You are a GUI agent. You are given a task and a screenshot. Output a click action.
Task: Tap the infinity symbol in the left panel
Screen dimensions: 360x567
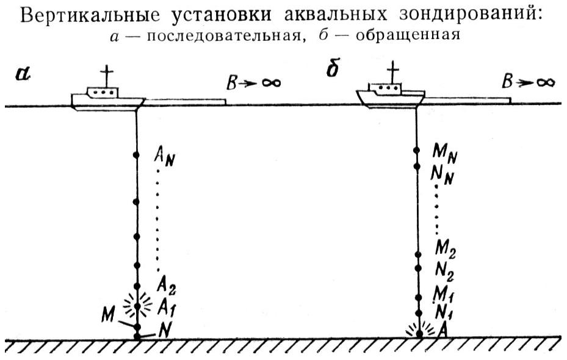tap(267, 82)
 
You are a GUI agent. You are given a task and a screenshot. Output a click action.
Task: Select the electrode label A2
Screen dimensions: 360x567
tap(166, 284)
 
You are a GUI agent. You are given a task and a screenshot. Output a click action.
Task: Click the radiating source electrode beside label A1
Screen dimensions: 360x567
tap(137, 303)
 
